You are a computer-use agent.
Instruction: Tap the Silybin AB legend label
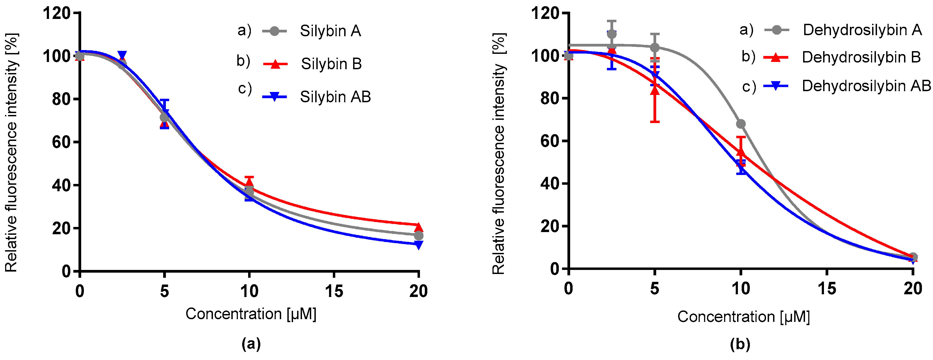click(x=335, y=97)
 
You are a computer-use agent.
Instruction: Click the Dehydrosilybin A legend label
click(x=862, y=30)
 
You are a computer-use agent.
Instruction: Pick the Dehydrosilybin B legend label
click(x=861, y=57)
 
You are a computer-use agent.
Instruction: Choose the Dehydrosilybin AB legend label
click(x=866, y=86)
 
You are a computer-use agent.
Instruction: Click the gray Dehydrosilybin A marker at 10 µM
click(x=741, y=124)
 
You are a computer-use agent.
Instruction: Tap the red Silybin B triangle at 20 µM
click(x=418, y=227)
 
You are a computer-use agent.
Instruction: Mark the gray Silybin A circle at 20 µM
click(x=418, y=236)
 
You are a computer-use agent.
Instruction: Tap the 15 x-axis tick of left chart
click(x=334, y=291)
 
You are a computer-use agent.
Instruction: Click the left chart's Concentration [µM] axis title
click(x=251, y=314)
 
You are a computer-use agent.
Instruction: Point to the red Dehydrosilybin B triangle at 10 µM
click(x=741, y=151)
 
